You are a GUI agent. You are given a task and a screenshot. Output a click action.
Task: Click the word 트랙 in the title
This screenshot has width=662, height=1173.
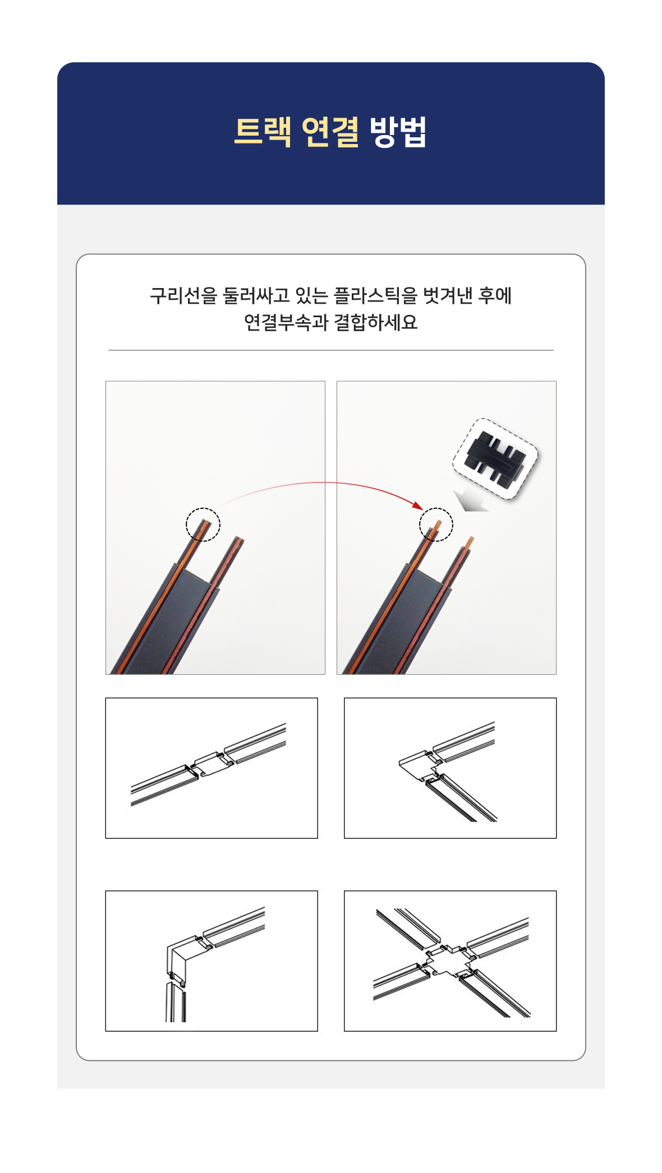263,132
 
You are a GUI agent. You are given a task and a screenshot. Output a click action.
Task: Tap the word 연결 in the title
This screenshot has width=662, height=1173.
330,132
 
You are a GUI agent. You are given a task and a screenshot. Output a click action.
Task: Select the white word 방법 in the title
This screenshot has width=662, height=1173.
398,132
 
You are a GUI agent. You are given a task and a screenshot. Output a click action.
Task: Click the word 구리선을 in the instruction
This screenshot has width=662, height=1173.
183,295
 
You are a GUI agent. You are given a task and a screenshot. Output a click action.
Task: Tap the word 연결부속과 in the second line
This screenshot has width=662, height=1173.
286,322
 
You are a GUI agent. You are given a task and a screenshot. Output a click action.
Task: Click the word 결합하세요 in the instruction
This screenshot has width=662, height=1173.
376,322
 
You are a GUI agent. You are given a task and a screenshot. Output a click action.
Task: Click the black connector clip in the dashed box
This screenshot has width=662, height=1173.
495,458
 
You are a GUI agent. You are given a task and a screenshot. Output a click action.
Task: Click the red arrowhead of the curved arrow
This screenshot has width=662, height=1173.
418,505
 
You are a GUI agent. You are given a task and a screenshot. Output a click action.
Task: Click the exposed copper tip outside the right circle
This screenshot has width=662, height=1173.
470,542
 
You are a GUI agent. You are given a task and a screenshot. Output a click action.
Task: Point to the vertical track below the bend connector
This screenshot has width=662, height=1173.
176,1002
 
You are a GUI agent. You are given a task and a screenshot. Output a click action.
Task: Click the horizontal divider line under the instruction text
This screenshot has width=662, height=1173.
331,350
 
